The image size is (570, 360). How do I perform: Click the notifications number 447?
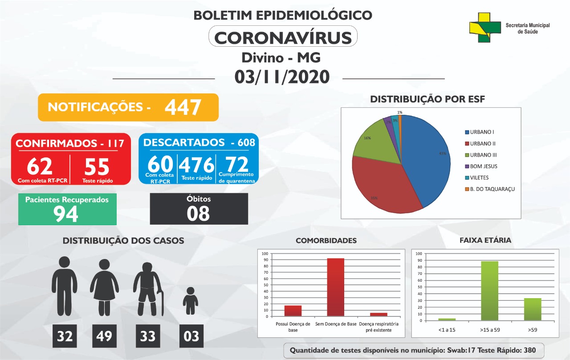[183, 107]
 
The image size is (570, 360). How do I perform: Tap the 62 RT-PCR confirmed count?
[40, 166]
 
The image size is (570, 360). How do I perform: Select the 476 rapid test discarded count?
[196, 165]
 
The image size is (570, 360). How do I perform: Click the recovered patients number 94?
[65, 214]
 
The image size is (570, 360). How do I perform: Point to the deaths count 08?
[198, 213]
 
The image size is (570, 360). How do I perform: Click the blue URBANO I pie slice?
[427, 158]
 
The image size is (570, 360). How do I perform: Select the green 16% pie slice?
[377, 142]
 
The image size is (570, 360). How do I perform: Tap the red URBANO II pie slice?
[382, 188]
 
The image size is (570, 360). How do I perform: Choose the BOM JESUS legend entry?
[481, 166]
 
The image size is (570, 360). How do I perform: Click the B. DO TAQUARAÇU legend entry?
[490, 189]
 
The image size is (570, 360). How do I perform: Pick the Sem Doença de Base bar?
[336, 287]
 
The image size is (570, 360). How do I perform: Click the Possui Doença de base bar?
[293, 311]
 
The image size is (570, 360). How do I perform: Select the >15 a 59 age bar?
[489, 291]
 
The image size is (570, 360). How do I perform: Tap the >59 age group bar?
[533, 309]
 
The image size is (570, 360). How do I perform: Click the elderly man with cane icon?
[148, 289]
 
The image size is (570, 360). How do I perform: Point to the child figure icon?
[190, 301]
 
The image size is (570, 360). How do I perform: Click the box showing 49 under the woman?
[104, 336]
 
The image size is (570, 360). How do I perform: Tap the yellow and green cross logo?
[485, 28]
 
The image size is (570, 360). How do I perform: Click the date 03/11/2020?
[282, 77]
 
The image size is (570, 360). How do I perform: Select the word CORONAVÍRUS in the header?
[283, 38]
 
